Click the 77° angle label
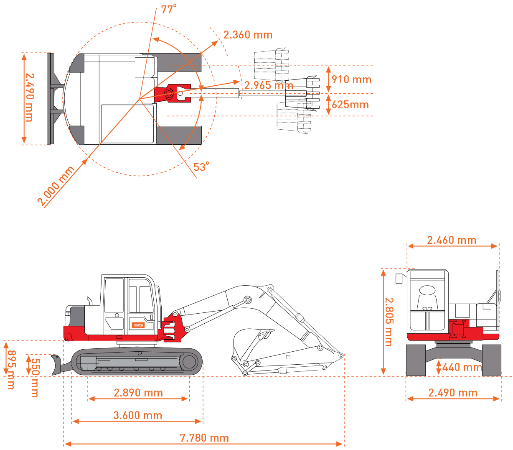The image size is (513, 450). (168, 9)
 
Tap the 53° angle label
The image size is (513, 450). (201, 166)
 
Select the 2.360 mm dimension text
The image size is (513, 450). (248, 35)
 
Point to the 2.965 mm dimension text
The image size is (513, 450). (269, 85)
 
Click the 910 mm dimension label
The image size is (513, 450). (351, 79)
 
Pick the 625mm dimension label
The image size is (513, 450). (350, 105)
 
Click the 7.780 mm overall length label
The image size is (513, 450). (204, 437)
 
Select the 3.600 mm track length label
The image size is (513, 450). (137, 415)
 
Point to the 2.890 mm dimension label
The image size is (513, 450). (138, 392)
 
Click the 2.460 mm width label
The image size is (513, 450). (452, 240)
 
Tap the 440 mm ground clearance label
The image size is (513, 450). (462, 367)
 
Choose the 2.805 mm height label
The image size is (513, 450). (389, 322)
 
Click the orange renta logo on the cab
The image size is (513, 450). (138, 325)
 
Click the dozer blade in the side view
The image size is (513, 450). (56, 365)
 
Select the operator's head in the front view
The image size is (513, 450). (427, 289)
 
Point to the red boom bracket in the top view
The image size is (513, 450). (172, 93)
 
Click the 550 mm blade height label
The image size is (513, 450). (35, 378)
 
